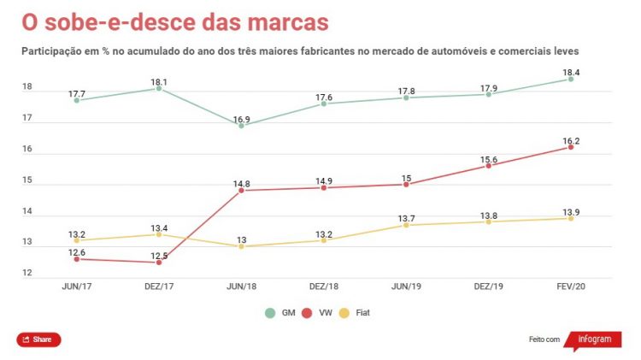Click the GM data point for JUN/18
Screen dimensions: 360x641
(x=241, y=126)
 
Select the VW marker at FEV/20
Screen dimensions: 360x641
(x=570, y=147)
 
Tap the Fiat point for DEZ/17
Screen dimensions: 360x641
(x=159, y=234)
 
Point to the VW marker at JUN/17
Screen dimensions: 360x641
(x=77, y=259)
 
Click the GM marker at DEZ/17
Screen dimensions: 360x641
(x=159, y=88)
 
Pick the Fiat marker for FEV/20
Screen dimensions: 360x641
(x=570, y=218)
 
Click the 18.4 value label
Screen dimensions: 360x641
(x=570, y=73)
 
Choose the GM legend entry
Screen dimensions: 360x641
(x=279, y=313)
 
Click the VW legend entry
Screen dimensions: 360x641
(x=320, y=313)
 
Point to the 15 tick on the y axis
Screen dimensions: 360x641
(x=27, y=180)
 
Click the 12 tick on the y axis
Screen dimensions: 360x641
(x=27, y=274)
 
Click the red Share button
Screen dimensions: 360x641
(x=38, y=339)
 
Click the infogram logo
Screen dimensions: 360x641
(x=593, y=339)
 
